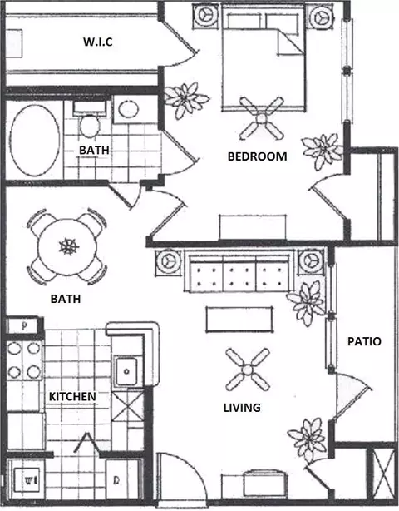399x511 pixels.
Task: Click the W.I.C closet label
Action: click(98, 42)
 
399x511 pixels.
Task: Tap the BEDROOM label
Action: click(257, 156)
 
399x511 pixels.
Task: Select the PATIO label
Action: click(364, 341)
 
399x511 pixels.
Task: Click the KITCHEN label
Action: click(72, 397)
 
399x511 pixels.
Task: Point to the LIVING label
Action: click(242, 408)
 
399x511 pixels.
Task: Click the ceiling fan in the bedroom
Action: click(261, 118)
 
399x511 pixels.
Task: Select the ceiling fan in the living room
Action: click(248, 370)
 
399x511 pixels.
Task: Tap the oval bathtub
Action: click(35, 140)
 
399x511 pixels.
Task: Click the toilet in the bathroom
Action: click(90, 119)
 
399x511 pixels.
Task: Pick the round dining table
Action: click(67, 246)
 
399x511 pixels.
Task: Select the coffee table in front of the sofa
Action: click(239, 320)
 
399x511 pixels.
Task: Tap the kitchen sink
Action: click(126, 371)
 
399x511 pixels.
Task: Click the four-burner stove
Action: click(24, 360)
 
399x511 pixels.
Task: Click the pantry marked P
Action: click(24, 326)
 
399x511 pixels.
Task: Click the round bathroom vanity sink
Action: click(129, 109)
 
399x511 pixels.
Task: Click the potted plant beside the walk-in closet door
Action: click(185, 99)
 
